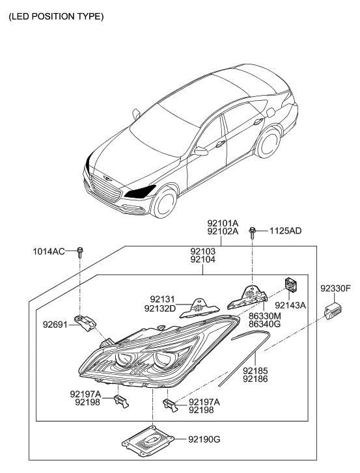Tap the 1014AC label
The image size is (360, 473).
(x=49, y=251)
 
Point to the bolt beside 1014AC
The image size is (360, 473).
(x=79, y=251)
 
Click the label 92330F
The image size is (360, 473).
(x=335, y=287)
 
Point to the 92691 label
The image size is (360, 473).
(x=55, y=320)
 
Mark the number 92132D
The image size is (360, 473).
(x=159, y=308)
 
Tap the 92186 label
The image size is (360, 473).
(x=255, y=377)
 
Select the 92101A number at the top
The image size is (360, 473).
(x=223, y=222)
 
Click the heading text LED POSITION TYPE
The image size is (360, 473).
(x=55, y=16)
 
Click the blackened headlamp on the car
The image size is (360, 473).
(x=141, y=191)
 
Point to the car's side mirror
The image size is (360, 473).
(x=201, y=152)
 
